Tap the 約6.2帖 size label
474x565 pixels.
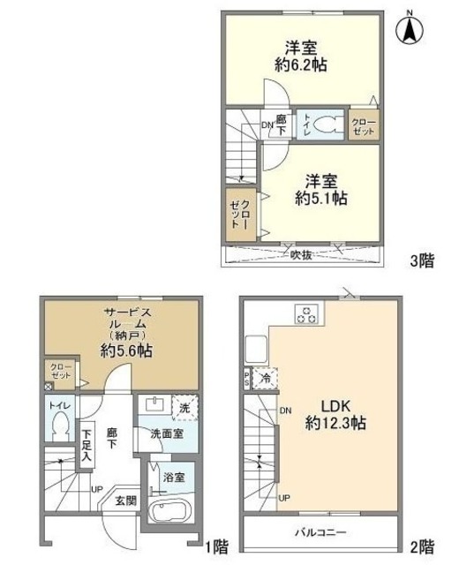click(301, 64)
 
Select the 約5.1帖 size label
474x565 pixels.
click(321, 199)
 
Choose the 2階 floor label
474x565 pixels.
click(422, 545)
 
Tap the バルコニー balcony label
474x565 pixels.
click(320, 533)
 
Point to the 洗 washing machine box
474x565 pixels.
click(184, 408)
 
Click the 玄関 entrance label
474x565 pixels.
click(125, 501)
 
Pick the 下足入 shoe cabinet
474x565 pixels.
click(87, 444)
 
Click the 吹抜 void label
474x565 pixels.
click(301, 254)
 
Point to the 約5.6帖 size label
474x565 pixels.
click(125, 350)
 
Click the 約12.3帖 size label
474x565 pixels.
click(336, 424)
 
